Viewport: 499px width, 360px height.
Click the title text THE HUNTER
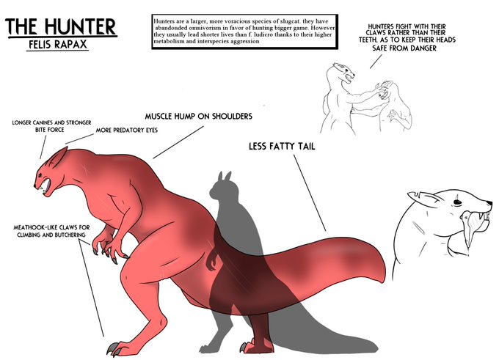(x=60, y=28)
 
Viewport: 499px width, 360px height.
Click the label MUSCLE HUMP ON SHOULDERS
(x=198, y=117)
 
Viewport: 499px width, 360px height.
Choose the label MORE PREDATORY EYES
(x=128, y=131)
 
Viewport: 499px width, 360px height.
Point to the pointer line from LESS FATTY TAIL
(x=312, y=191)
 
